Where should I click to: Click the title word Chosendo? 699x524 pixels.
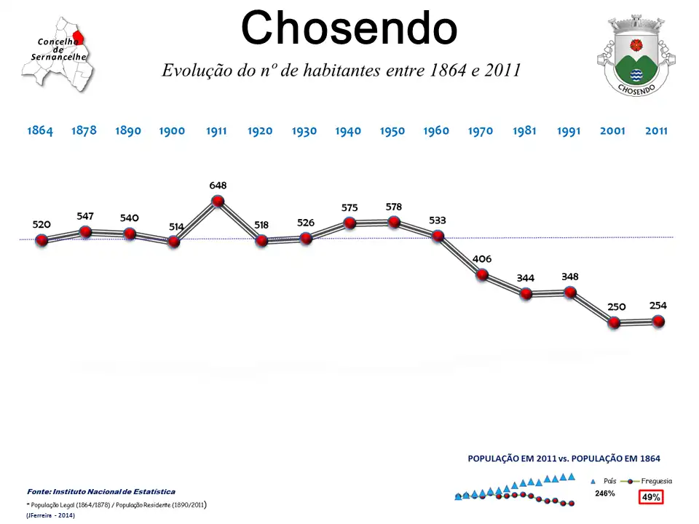click(349, 29)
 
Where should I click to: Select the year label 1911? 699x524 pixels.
click(216, 131)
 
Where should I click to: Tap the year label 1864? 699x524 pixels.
click(40, 131)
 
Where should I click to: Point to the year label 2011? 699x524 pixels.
click(656, 131)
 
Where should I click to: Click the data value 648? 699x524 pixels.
click(218, 186)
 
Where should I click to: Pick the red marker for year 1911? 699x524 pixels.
click(217, 202)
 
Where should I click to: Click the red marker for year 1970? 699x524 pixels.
click(482, 275)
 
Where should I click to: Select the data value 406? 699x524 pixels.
click(482, 259)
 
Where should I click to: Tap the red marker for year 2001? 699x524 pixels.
click(614, 322)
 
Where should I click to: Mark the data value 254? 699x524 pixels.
click(658, 306)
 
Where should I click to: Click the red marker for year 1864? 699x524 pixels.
click(42, 240)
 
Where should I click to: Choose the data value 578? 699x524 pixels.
click(394, 207)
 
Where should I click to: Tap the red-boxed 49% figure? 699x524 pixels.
click(650, 497)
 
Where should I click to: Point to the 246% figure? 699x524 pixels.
click(605, 493)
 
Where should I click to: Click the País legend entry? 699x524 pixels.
click(604, 481)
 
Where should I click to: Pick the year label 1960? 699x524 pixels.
click(436, 131)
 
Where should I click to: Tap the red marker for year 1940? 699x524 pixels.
click(349, 223)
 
